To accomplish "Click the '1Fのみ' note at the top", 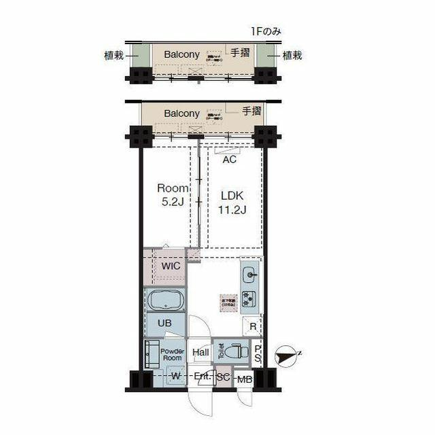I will coord(265,31).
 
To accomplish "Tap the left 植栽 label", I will coord(114,56).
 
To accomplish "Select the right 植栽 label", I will coord(292,56).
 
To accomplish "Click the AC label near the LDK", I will coord(230,160).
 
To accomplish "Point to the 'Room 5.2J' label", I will coord(169,194).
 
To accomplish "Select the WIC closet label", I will coord(171,266).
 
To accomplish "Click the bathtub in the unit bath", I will coord(163,300).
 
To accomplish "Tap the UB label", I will coord(164,324).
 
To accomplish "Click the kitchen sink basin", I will coord(249,275).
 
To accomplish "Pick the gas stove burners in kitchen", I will coord(249,298).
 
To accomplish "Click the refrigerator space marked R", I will coord(252,326).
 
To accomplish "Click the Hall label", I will coord(201,353).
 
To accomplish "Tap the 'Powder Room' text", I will coord(172,353).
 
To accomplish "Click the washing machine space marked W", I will coord(175,376).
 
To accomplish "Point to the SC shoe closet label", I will coord(223,377).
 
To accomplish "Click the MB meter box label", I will coord(244,379).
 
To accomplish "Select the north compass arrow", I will coord(289,353).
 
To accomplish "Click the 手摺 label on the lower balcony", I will coord(252,111).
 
